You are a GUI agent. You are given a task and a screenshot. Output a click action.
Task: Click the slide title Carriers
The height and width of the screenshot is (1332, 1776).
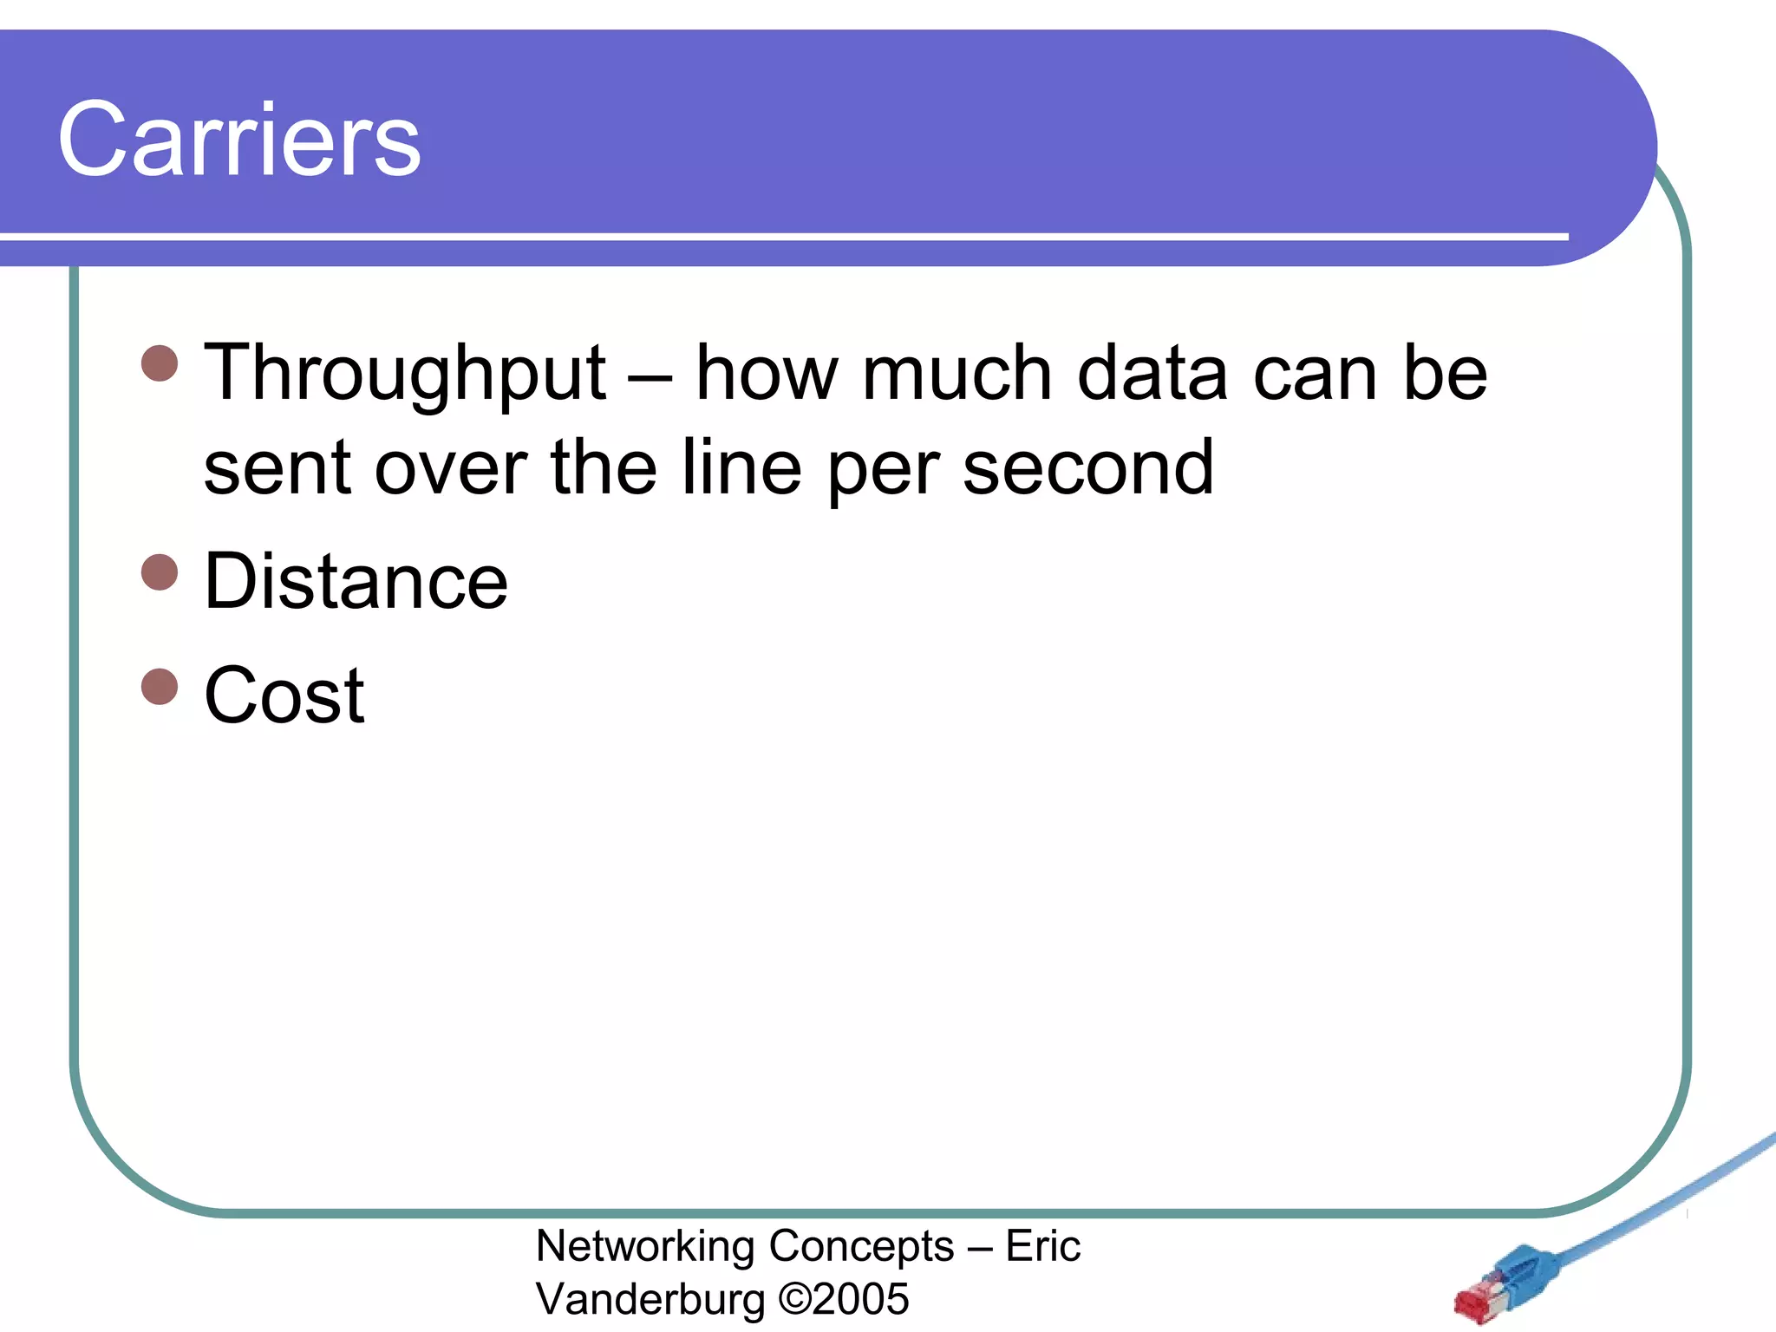(239, 140)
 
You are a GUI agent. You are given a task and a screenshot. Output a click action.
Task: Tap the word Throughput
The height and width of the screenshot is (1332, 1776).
(404, 374)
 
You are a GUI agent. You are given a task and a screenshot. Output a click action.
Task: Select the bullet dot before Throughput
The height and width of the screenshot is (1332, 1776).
(160, 363)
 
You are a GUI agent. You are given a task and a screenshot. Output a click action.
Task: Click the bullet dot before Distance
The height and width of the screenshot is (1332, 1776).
(160, 572)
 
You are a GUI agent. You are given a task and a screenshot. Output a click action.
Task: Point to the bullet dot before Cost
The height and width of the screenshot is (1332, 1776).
(160, 686)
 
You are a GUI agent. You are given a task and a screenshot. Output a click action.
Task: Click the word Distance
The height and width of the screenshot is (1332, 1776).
(356, 582)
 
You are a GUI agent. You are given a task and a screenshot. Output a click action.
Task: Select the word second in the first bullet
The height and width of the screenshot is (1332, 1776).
(1088, 468)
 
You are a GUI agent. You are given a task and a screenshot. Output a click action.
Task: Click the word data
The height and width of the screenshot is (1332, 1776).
(1152, 374)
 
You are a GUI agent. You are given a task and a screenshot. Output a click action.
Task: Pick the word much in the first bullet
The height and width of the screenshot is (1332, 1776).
(957, 374)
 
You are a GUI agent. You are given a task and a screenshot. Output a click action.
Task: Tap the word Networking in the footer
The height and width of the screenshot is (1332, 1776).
(645, 1247)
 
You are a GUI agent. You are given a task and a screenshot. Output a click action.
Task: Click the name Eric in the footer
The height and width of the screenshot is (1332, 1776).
(1042, 1247)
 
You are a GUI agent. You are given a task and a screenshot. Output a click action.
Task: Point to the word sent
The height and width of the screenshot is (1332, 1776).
(277, 468)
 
